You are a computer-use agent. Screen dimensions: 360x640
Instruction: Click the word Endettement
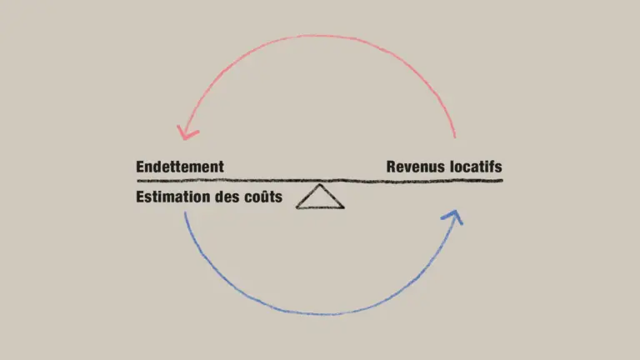(180, 167)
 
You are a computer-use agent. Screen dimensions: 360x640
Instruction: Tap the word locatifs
(475, 167)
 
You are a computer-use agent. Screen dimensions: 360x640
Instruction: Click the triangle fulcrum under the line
(320, 198)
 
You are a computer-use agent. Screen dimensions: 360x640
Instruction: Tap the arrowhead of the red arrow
(185, 132)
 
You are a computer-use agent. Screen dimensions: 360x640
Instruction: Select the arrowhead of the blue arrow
(452, 217)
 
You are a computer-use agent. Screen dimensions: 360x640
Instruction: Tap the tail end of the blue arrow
(185, 213)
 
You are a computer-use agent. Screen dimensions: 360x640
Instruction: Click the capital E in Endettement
(141, 167)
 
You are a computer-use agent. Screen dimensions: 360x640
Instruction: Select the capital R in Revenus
(391, 167)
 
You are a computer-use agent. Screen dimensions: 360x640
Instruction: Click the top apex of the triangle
(320, 185)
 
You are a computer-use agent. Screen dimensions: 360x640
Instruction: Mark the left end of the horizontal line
(137, 180)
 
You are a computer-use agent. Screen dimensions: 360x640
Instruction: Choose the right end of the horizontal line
(502, 180)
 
